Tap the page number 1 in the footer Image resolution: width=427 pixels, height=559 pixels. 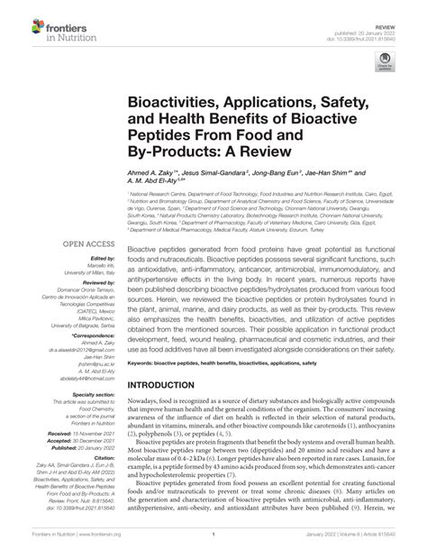[x=213, y=545]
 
